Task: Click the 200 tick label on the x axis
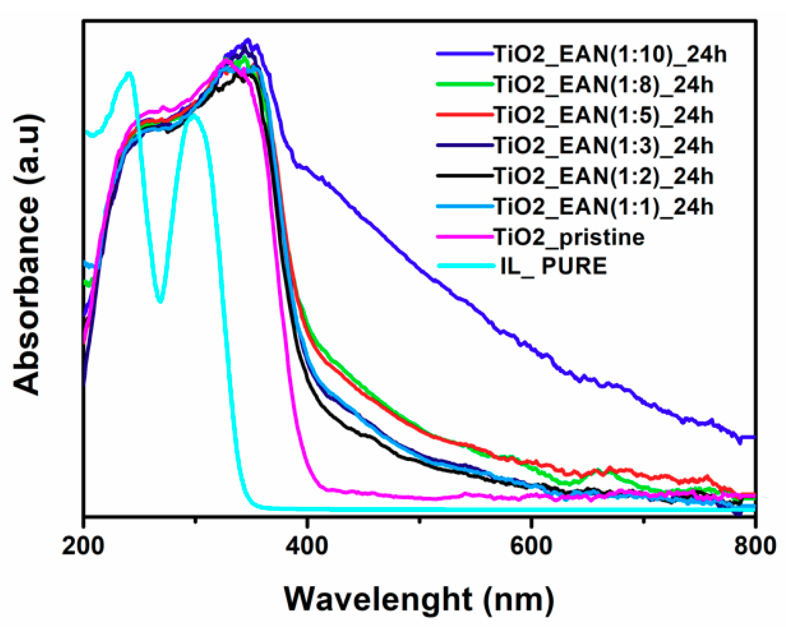click(x=83, y=546)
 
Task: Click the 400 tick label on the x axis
click(x=307, y=546)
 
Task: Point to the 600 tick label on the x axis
click(x=531, y=546)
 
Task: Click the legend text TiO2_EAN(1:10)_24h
click(x=610, y=54)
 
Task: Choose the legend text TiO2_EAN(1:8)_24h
click(x=604, y=85)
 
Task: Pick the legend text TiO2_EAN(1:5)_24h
click(x=604, y=115)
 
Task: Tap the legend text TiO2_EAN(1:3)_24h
click(x=604, y=146)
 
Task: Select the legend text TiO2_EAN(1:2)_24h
click(x=604, y=176)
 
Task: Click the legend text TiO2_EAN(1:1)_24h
click(x=604, y=206)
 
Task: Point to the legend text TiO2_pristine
click(x=569, y=237)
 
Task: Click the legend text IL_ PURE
click(x=554, y=266)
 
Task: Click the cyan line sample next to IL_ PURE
click(x=465, y=266)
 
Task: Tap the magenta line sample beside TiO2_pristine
click(x=465, y=237)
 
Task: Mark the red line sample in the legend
click(x=465, y=115)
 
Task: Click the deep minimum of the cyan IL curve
click(x=160, y=301)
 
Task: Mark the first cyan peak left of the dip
click(x=129, y=74)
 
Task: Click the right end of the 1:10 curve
click(x=753, y=437)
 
